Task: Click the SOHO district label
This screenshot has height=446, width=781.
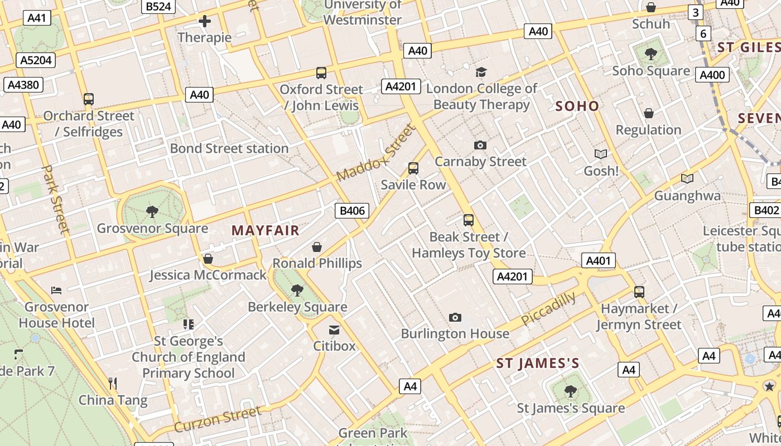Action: [x=577, y=106]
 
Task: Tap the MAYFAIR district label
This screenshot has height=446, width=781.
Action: [x=266, y=230]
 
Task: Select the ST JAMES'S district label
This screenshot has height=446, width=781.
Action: [x=538, y=364]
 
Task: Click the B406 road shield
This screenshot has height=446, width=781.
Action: [x=352, y=211]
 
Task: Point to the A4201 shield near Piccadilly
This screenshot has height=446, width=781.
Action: [x=513, y=277]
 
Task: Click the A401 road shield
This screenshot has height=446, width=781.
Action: [x=599, y=260]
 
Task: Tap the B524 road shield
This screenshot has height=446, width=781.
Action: [x=158, y=7]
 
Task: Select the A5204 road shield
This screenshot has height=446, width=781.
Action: [x=37, y=60]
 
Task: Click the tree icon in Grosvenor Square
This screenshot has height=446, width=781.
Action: [x=152, y=211]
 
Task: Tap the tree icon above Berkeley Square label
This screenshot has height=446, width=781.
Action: [x=297, y=290]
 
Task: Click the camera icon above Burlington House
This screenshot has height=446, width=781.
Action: [x=455, y=317]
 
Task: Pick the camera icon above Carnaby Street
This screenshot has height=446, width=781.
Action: [x=480, y=145]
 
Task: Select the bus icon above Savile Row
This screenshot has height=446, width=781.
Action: [x=413, y=168]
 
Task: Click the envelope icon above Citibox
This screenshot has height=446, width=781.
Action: [x=334, y=329]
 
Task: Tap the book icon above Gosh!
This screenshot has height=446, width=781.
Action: [x=601, y=154]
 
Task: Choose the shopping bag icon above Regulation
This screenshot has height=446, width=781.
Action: [x=649, y=113]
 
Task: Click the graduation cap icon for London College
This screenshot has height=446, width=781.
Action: [x=481, y=72]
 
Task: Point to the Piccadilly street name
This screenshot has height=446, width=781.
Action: [x=548, y=309]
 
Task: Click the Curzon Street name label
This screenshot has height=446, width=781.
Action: [x=218, y=419]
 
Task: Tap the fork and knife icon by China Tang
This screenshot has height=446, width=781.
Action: [x=113, y=383]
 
